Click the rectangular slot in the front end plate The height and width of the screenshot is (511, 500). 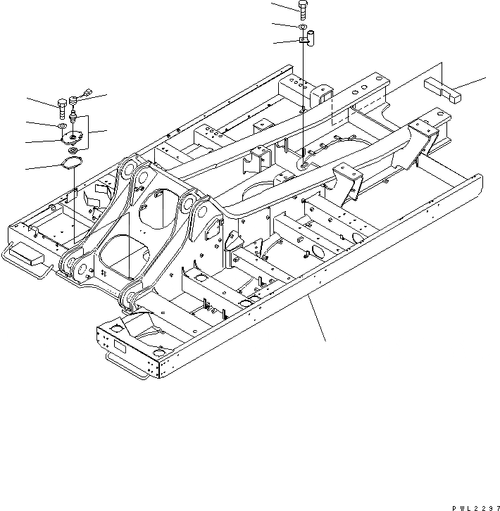(116, 346)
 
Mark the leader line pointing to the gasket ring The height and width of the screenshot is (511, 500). (42, 168)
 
